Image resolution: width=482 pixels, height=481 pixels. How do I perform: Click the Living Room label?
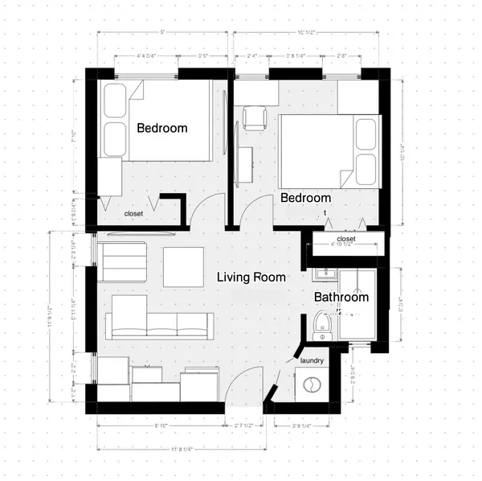pyautogui.click(x=251, y=277)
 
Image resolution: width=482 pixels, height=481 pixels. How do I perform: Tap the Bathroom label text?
pyautogui.click(x=341, y=297)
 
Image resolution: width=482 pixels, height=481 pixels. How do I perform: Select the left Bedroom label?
pyautogui.click(x=161, y=128)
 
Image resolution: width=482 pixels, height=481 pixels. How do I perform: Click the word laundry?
pyautogui.click(x=312, y=361)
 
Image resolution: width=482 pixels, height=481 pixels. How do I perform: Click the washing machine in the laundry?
pyautogui.click(x=312, y=385)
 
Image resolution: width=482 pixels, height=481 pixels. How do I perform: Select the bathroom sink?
pyautogui.click(x=325, y=274)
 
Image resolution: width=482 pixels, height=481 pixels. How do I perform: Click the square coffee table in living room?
pyautogui.click(x=183, y=266)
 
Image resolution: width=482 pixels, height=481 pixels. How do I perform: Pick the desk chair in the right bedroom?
pyautogui.click(x=255, y=117)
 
